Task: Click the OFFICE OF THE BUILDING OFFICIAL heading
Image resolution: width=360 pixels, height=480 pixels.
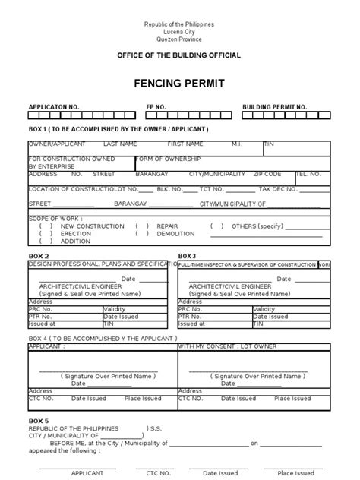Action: click(x=179, y=56)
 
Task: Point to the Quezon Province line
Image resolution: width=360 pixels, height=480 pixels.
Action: click(x=179, y=39)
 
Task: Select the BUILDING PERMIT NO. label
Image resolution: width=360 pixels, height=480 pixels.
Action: click(x=275, y=108)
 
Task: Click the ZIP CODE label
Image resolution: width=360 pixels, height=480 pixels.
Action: click(x=267, y=174)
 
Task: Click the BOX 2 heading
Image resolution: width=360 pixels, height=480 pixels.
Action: click(x=39, y=256)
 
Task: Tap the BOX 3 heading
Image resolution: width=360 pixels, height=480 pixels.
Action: click(x=187, y=256)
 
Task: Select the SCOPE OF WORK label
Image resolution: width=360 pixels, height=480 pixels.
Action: click(x=54, y=219)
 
